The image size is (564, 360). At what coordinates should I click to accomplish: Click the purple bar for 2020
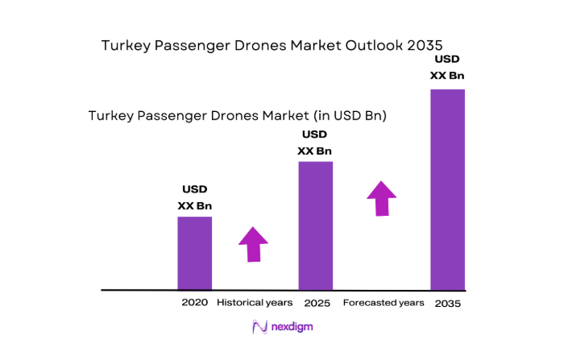click(x=195, y=253)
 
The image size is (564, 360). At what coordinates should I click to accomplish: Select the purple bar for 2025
click(x=315, y=226)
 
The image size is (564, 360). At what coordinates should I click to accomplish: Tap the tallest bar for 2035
click(x=447, y=188)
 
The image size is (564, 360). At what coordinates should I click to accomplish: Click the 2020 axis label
click(x=195, y=303)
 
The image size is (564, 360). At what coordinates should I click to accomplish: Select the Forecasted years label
click(x=384, y=303)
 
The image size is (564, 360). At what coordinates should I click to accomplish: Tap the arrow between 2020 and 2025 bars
click(x=254, y=244)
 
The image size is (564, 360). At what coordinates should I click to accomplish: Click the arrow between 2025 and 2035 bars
click(x=381, y=198)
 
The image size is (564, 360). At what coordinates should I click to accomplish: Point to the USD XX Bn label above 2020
click(x=194, y=197)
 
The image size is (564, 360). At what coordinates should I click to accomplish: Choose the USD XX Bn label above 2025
click(x=314, y=143)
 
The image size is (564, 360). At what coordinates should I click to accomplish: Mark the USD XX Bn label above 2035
click(x=447, y=68)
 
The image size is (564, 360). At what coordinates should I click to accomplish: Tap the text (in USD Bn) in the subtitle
click(x=347, y=116)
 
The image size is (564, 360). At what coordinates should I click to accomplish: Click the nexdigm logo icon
click(x=259, y=327)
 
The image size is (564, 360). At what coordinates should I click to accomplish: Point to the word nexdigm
click(x=293, y=328)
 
